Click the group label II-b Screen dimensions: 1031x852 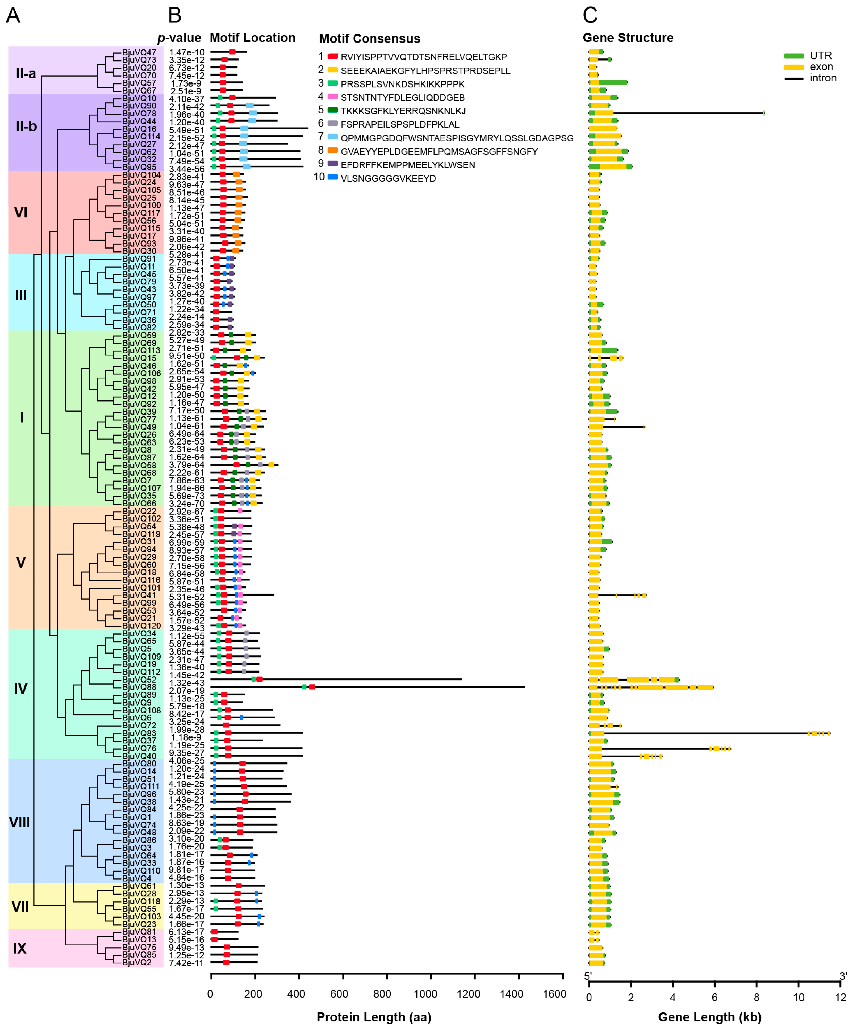tap(26, 127)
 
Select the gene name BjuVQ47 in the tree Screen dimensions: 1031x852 tap(139, 53)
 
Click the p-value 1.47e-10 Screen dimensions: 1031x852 tap(187, 53)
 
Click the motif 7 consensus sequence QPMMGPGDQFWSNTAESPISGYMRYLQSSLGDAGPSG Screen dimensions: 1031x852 tap(457, 138)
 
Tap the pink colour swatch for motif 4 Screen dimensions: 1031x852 tap(333, 97)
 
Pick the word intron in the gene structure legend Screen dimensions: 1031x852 tap(823, 78)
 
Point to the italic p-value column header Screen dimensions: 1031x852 tap(179, 38)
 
